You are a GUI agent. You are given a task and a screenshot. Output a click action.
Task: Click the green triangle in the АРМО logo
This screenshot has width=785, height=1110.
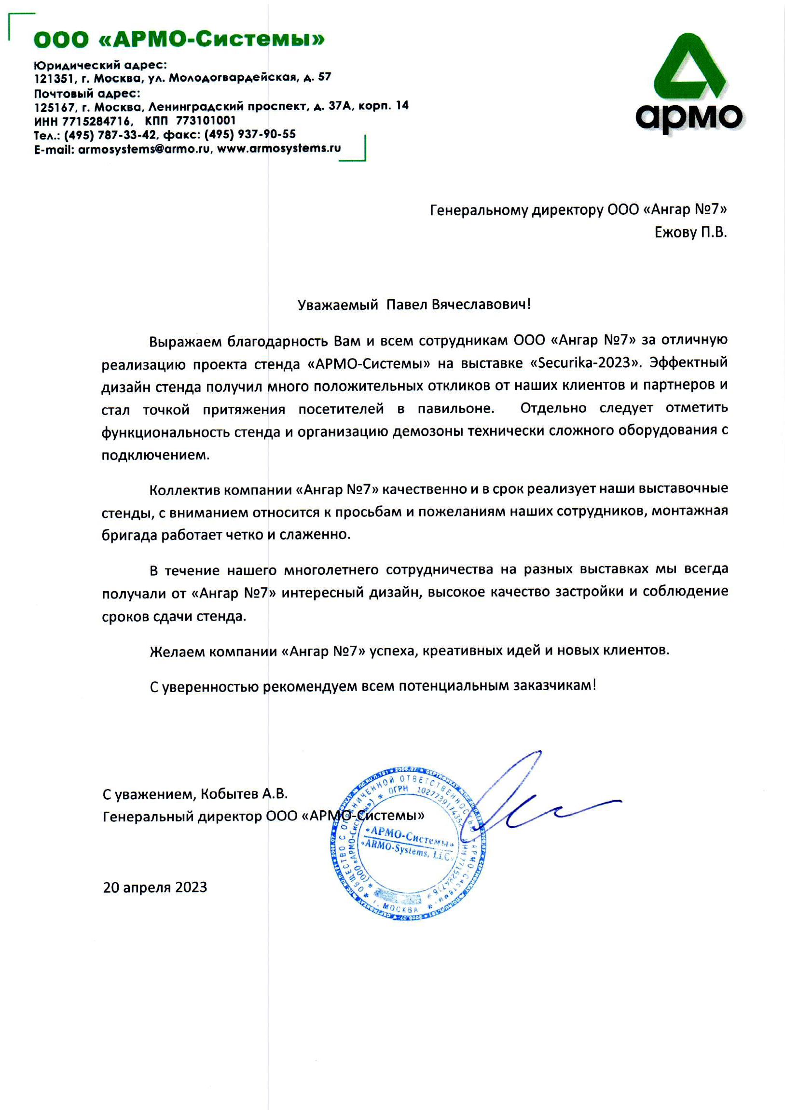point(689,68)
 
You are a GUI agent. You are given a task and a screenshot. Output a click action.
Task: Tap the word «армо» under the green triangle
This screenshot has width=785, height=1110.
point(689,117)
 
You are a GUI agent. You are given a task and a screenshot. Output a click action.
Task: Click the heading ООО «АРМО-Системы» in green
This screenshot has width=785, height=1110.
point(179,39)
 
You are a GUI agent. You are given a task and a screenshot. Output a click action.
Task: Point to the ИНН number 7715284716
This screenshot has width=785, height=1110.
point(96,121)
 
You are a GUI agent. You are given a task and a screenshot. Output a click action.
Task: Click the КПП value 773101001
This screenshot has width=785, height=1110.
point(206,120)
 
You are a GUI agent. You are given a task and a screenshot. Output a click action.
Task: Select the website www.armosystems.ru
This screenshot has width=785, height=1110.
point(279,149)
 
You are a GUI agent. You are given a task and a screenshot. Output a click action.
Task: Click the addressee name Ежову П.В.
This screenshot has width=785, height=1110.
point(690,233)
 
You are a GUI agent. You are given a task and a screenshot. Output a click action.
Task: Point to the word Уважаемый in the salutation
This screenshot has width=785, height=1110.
point(337,305)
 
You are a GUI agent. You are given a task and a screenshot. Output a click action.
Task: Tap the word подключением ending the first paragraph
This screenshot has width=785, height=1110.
point(155,455)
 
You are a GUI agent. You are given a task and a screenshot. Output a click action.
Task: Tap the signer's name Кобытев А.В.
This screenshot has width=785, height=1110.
point(244,794)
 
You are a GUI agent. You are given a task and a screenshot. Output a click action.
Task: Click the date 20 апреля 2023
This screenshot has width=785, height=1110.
point(155,887)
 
